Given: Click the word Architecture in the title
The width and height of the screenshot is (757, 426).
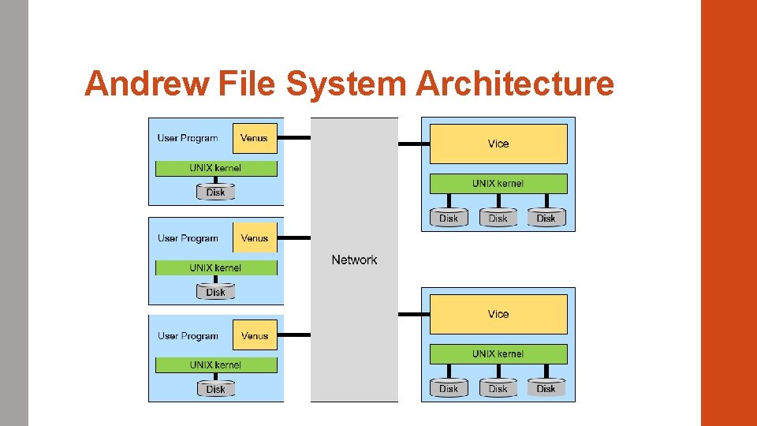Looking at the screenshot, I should [x=514, y=83].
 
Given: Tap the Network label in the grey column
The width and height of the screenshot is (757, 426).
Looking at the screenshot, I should [x=354, y=260].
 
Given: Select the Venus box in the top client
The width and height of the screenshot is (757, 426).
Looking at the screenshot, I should [x=255, y=138].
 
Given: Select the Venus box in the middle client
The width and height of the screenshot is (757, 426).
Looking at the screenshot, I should [x=255, y=238].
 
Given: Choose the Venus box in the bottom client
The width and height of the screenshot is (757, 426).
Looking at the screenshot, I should [x=255, y=335].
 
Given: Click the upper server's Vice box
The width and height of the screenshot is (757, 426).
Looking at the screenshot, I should [x=498, y=144].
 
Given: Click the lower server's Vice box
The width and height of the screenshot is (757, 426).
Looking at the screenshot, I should [x=498, y=314].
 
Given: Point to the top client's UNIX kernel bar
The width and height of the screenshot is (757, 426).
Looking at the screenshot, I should [x=215, y=168].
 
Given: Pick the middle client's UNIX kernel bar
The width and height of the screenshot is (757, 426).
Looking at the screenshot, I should [x=215, y=268].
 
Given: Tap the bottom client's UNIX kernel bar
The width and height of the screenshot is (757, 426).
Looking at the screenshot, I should [x=215, y=365].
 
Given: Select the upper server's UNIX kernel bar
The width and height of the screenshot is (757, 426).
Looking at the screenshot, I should [x=498, y=184].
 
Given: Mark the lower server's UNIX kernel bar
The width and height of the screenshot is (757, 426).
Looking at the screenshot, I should [x=498, y=354].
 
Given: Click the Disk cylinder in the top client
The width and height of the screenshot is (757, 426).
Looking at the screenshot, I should [x=215, y=192].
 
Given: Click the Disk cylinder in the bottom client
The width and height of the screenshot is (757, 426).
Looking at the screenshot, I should [x=215, y=389].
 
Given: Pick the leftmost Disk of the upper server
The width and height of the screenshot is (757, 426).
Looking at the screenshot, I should [x=449, y=218].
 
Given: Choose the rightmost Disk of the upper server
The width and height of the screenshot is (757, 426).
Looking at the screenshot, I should [x=546, y=218].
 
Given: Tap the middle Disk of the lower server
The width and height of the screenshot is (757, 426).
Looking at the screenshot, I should [x=498, y=388].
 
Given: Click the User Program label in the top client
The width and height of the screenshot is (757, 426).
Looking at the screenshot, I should [x=188, y=138].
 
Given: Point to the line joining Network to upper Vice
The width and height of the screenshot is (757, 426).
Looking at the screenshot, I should [x=413, y=144].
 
